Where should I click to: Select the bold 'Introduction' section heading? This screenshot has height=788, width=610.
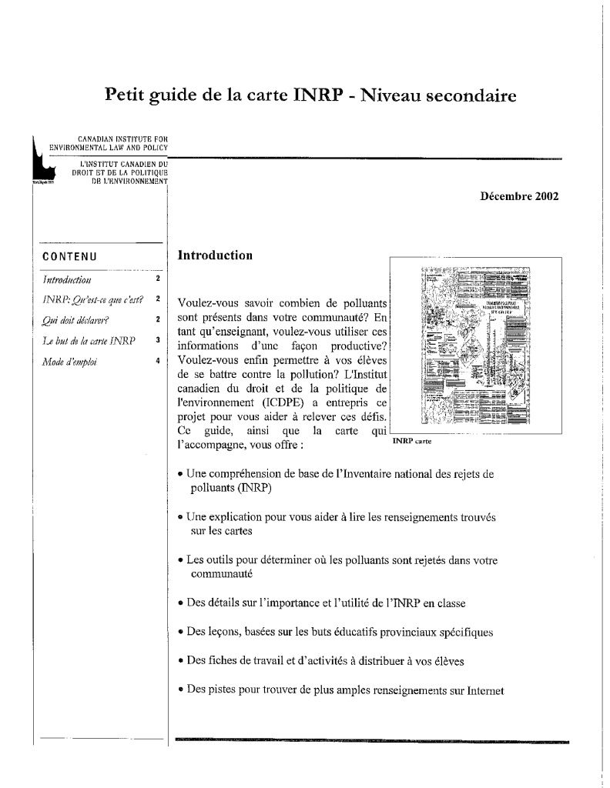[x=215, y=254]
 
